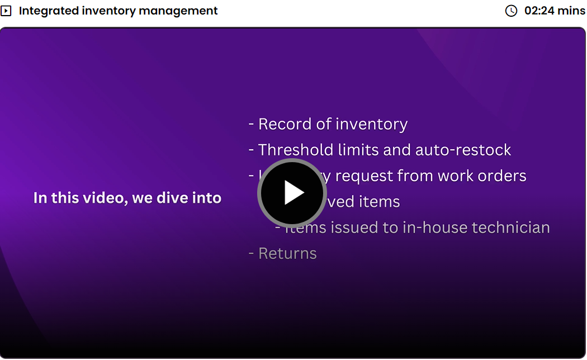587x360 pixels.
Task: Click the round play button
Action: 292,193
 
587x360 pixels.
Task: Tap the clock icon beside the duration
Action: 511,11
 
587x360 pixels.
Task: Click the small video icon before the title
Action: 6,11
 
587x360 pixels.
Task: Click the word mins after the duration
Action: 571,11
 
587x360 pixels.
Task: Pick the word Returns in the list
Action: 287,253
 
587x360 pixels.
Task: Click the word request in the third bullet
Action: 364,176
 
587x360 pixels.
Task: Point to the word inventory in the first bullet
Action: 371,124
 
